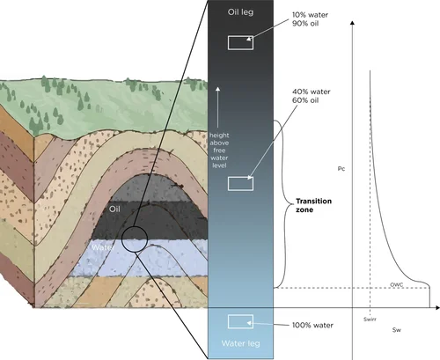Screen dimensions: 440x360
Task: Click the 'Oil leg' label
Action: (240, 12)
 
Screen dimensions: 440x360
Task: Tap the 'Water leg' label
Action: (240, 343)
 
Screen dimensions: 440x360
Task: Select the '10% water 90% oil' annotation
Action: (310, 19)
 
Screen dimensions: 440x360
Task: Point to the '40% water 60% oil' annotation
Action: (311, 96)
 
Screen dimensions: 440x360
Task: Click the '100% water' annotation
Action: (312, 325)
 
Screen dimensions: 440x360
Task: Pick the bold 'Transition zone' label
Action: (313, 205)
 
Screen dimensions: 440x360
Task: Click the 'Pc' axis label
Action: (341, 169)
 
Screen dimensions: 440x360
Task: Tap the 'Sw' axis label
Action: (397, 330)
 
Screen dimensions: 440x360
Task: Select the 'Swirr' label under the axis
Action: (370, 320)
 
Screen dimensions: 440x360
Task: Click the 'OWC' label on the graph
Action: (397, 284)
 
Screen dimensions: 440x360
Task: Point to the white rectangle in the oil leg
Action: (240, 42)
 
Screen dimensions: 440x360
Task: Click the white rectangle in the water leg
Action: (240, 321)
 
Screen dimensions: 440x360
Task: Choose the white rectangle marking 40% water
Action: (240, 184)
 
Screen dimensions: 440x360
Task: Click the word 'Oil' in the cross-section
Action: (114, 209)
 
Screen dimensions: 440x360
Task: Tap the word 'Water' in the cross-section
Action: (103, 247)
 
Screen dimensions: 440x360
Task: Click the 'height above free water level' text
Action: (219, 151)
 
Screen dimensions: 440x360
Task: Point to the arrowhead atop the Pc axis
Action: (353, 23)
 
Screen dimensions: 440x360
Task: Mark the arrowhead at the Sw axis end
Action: (437, 307)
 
